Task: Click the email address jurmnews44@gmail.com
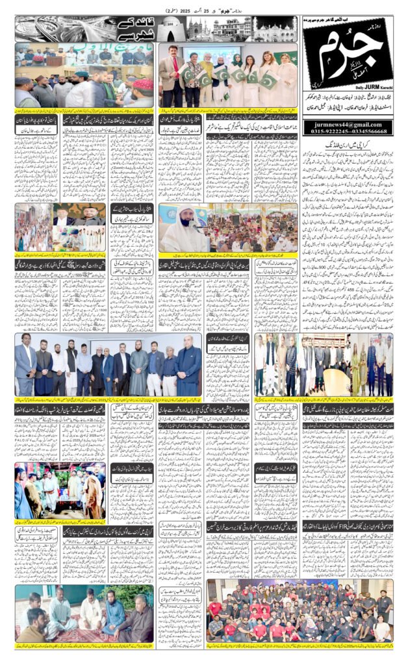coord(348,125)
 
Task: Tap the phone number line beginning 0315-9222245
coord(348,132)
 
